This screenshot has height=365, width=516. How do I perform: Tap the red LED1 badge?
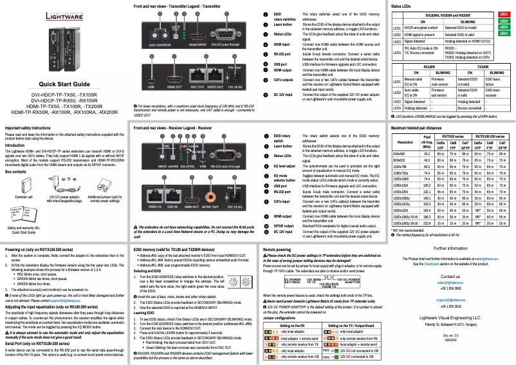click(x=504, y=14)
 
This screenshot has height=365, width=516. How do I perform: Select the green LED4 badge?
click(x=504, y=33)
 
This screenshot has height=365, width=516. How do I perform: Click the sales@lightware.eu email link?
click(x=450, y=282)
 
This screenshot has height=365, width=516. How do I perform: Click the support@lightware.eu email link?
click(x=450, y=300)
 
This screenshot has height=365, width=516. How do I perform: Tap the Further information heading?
click(x=450, y=248)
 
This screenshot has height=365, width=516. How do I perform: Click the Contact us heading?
click(x=450, y=276)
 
